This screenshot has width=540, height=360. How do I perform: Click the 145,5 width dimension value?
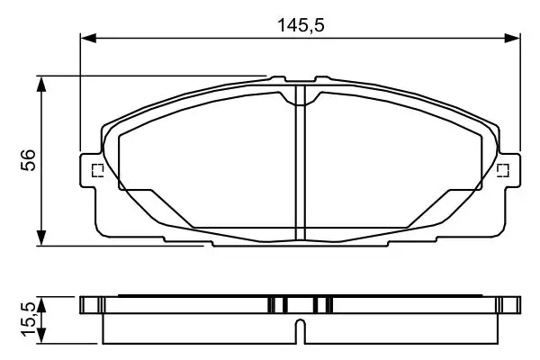pyautogui.click(x=301, y=25)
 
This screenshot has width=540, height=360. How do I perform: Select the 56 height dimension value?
pyautogui.click(x=28, y=160)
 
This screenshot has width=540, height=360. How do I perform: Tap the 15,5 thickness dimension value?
pyautogui.click(x=28, y=319)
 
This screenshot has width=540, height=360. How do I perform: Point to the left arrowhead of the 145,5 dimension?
pyautogui.click(x=88, y=38)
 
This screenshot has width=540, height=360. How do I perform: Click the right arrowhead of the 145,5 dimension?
pyautogui.click(x=512, y=38)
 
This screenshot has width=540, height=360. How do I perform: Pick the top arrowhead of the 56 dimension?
pyautogui.click(x=41, y=85)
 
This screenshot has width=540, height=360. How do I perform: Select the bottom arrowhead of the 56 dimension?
pyautogui.click(x=41, y=238)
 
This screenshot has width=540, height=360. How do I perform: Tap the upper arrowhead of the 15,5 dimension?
pyautogui.click(x=41, y=305)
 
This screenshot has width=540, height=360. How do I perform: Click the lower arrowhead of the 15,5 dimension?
pyautogui.click(x=41, y=336)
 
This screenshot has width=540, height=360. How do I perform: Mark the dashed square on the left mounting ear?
pyautogui.click(x=98, y=170)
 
